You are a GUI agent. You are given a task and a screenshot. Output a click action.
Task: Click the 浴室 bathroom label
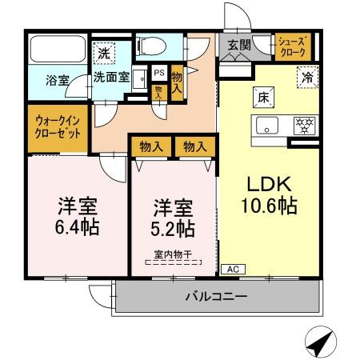point(56,80)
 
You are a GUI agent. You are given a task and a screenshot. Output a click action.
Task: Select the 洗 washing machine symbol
point(103,54)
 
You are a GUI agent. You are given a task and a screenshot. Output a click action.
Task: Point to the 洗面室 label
point(110,78)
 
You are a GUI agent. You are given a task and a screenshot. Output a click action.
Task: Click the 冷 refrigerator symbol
point(306,78)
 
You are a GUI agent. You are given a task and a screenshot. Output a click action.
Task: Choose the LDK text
point(268,182)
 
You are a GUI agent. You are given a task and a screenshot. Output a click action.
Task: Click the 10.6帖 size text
point(270,206)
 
